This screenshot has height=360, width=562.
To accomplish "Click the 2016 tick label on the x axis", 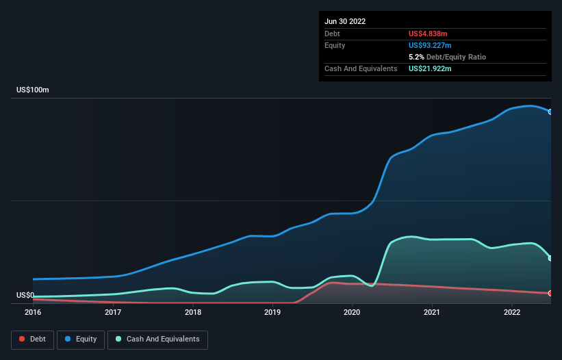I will [x=33, y=313].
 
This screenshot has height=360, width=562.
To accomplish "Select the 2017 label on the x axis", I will [x=113, y=313].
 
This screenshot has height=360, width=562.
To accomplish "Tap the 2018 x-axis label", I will [x=193, y=313].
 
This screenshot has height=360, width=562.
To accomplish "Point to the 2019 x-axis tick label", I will [x=272, y=313].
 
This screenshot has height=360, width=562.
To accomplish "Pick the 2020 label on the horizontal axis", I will [x=353, y=313].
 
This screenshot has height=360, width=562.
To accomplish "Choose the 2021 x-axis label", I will [x=432, y=313].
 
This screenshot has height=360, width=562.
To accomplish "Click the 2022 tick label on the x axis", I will [x=512, y=313].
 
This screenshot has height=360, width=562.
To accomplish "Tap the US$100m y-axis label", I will [x=33, y=90].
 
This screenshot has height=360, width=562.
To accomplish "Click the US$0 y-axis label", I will [x=26, y=295].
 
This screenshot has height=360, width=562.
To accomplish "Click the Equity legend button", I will [x=81, y=339].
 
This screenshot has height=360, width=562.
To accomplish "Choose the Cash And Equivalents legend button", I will [x=157, y=339].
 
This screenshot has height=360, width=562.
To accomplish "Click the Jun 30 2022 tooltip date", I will [x=345, y=21].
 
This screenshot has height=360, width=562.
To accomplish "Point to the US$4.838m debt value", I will [x=428, y=34].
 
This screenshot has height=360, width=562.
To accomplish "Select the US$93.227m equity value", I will [x=431, y=45].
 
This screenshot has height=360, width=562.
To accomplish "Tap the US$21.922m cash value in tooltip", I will [x=431, y=68].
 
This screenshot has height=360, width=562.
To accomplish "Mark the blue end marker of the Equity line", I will [x=550, y=112].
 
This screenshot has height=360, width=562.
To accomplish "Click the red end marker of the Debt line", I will [x=550, y=293].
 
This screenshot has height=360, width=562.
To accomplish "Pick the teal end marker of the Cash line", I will [x=550, y=258].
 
